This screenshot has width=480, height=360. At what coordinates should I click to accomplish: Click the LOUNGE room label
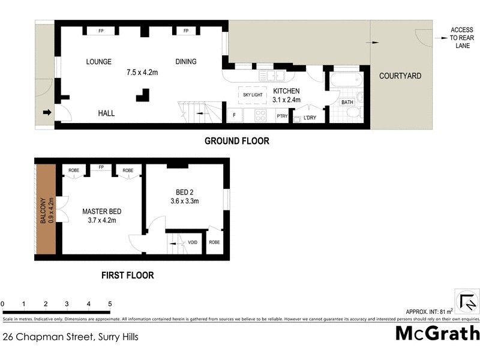(100, 61)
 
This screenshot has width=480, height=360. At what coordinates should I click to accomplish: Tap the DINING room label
(186, 61)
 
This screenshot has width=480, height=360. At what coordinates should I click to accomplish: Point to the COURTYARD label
(400, 76)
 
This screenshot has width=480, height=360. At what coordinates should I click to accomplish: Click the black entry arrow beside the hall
(47, 112)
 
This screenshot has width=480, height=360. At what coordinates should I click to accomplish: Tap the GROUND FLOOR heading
(236, 142)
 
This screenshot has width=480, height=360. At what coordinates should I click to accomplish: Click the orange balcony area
(45, 210)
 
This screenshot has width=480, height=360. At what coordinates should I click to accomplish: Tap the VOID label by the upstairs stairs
(193, 242)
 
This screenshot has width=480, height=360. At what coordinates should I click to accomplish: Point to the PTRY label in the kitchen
(282, 117)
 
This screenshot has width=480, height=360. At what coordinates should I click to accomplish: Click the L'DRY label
(310, 117)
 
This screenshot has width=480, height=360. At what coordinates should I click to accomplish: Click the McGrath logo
(437, 333)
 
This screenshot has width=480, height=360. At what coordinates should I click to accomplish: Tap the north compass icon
(467, 300)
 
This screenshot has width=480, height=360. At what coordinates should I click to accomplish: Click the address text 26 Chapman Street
(70, 337)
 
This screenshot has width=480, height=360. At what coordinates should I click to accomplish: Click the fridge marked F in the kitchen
(233, 115)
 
